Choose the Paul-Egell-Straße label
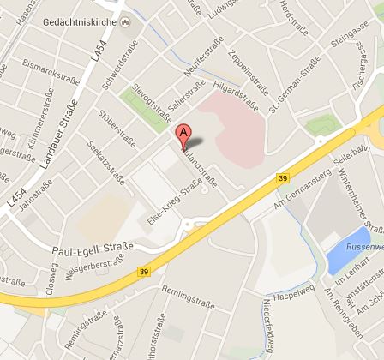click(x=93, y=248)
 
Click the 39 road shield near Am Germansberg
click(x=283, y=177)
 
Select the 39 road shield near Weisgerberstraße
click(x=143, y=272)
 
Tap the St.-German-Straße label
click(x=294, y=86)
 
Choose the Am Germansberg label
click(x=299, y=193)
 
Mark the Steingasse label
click(x=348, y=39)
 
